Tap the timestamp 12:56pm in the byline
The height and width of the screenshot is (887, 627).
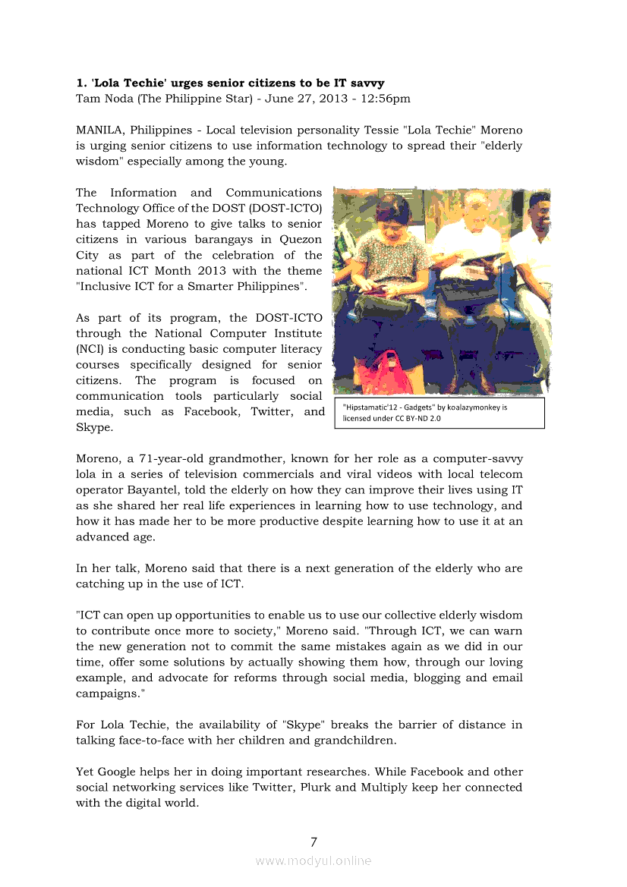pos(386,99)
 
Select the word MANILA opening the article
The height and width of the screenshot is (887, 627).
pos(99,130)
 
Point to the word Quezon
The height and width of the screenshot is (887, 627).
pos(301,240)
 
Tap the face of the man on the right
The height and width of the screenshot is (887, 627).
pos(538,208)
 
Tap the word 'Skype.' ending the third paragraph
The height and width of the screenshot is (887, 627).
pos(95,427)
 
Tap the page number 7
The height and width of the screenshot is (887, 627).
pos(313,841)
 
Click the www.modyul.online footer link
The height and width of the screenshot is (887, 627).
pos(313,860)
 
